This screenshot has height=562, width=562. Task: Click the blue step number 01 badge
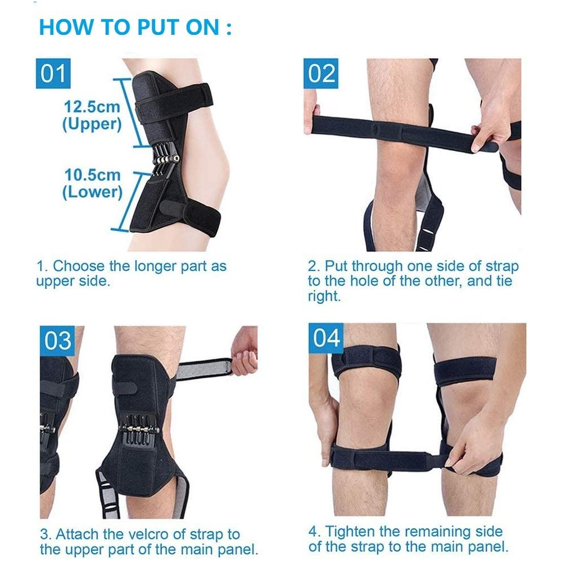click(53, 74)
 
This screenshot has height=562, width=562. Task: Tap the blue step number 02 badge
click(321, 74)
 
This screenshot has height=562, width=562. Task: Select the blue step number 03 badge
click(58, 341)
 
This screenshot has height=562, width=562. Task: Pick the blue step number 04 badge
click(327, 338)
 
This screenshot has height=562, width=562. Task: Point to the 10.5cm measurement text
click(93, 175)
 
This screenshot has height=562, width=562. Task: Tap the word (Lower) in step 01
click(92, 192)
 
